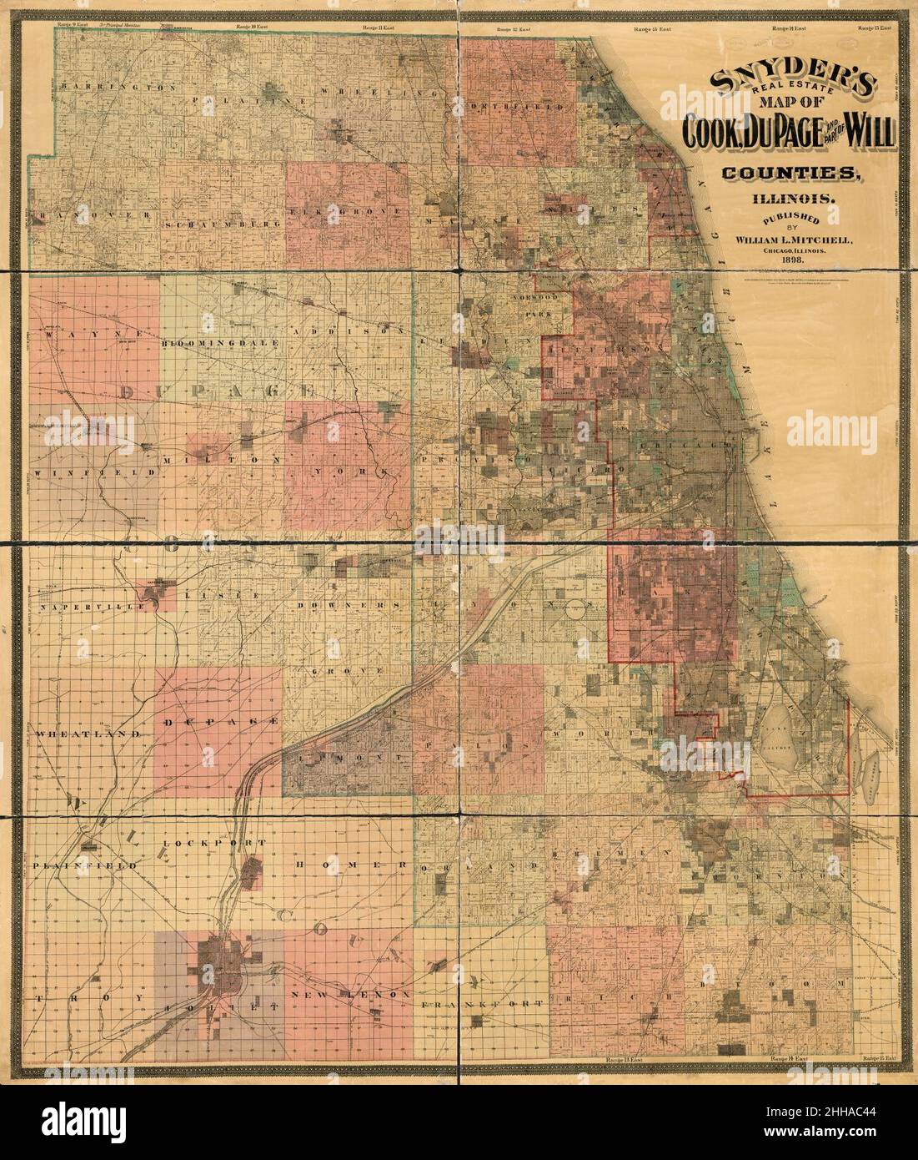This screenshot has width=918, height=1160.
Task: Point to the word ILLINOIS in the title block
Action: tap(789, 198)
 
